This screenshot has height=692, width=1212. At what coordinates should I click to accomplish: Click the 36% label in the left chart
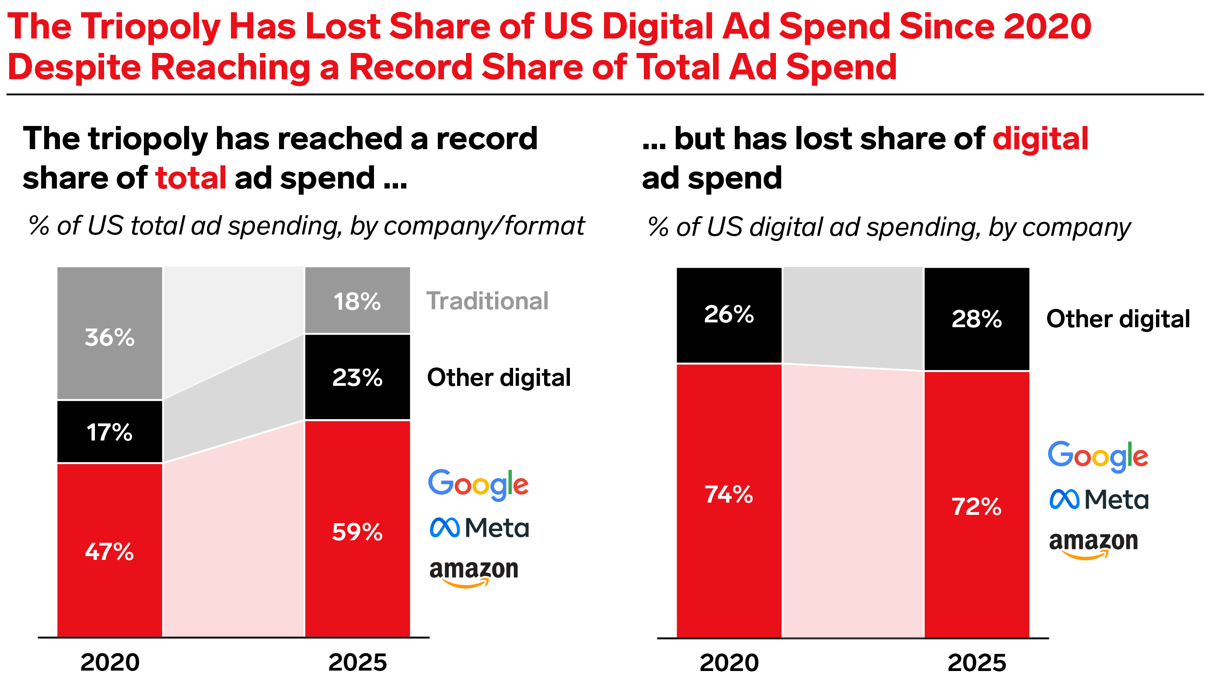109,337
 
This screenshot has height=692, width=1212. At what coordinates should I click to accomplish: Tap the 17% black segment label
109,433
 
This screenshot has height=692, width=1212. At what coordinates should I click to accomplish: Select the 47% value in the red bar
109,552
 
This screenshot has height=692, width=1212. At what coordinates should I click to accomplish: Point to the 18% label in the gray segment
357,301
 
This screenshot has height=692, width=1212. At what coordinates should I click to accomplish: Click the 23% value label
357,378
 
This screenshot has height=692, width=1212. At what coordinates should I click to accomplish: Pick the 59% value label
357,532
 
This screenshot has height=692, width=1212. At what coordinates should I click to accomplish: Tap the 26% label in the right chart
729,314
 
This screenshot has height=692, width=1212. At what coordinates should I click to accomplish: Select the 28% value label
976,319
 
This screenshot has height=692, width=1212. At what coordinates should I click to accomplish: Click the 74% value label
729,494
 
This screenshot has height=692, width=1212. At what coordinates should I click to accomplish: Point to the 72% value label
976,507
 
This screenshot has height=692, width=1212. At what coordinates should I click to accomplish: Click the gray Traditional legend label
487,301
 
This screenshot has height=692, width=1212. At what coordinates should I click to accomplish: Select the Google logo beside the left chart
479,485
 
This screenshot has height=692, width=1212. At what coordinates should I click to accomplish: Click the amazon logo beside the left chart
474,573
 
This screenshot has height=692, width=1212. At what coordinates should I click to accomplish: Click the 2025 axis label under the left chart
357,663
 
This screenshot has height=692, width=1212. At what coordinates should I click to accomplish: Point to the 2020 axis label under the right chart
729,663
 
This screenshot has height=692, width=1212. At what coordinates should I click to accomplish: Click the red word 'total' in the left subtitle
191,178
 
